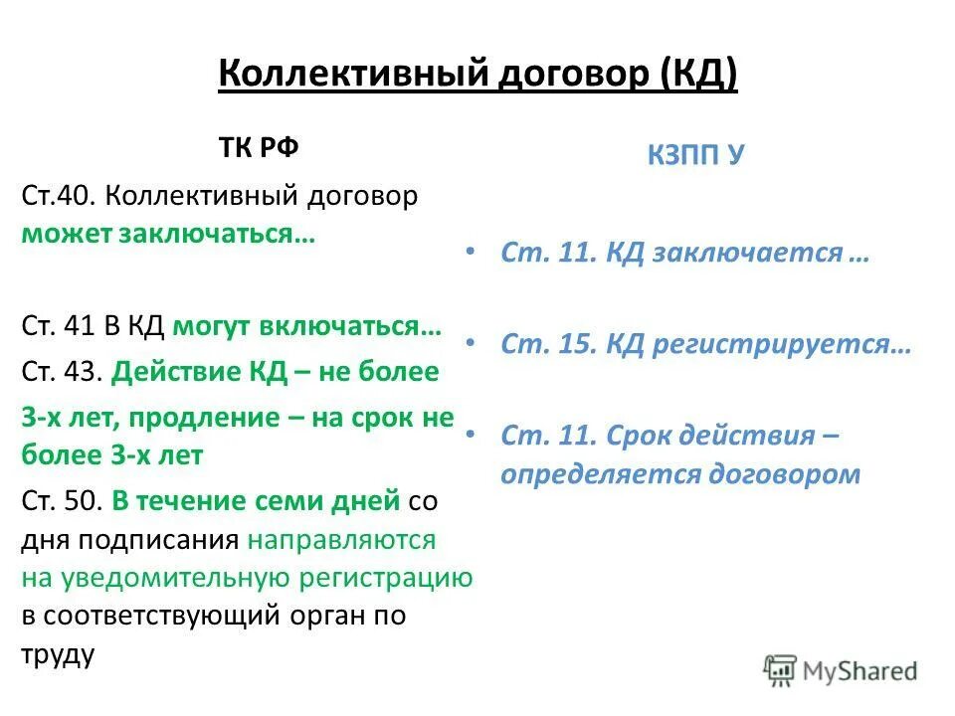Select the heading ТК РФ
pos(259,148)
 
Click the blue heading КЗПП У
pos(694,155)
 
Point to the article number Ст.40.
pos(58,196)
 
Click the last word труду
pos(58,654)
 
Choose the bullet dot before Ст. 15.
pos(470,343)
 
